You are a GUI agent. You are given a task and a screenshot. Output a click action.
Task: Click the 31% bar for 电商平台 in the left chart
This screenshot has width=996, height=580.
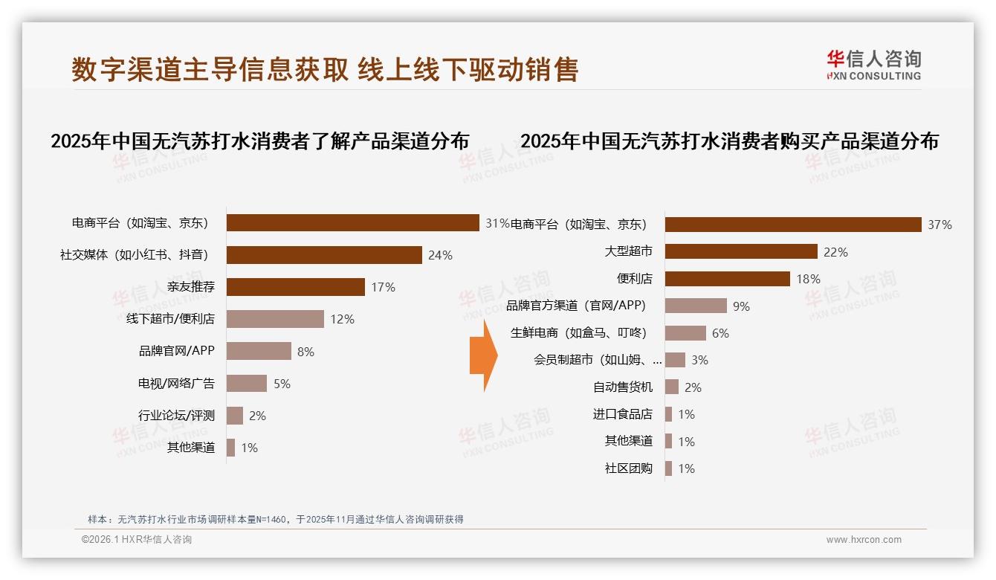click(x=352, y=223)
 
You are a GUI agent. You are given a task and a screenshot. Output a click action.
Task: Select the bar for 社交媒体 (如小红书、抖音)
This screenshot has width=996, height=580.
click(x=324, y=255)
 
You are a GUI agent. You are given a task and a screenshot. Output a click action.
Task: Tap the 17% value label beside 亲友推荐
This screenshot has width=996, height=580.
click(x=383, y=287)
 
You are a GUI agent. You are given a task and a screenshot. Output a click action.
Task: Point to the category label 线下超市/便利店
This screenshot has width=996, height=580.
click(x=170, y=319)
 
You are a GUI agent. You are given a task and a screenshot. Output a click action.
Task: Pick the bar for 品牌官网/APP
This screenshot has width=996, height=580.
click(x=259, y=351)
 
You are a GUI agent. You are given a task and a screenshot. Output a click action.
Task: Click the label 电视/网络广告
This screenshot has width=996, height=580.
click(x=176, y=384)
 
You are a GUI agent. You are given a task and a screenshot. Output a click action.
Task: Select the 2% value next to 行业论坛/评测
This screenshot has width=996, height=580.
click(x=257, y=416)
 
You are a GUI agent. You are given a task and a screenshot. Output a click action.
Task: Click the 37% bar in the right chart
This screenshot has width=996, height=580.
click(x=793, y=225)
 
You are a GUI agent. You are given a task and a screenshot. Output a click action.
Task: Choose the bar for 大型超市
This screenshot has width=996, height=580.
click(x=741, y=251)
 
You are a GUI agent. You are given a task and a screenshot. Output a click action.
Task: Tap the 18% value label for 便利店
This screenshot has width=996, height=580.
click(x=808, y=279)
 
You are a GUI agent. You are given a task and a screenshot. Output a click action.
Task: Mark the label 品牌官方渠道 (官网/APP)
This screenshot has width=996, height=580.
click(x=576, y=306)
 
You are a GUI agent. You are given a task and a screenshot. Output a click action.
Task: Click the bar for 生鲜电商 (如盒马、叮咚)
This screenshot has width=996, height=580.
click(x=685, y=333)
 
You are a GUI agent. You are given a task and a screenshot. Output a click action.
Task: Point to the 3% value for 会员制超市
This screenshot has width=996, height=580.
click(x=699, y=360)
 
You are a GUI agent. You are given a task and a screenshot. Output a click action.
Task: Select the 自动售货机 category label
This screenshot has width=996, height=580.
click(x=622, y=387)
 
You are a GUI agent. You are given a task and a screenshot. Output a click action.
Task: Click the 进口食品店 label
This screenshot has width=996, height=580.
click(x=622, y=414)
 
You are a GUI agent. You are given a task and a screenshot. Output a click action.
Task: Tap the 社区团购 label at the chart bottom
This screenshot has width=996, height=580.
click(x=628, y=468)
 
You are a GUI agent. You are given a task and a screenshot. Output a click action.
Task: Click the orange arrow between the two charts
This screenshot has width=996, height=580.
click(x=483, y=355)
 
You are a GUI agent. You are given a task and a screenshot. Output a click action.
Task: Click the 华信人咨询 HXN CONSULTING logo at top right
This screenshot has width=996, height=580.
click(x=873, y=65)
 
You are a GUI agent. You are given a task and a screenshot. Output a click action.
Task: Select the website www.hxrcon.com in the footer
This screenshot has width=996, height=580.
click(x=864, y=540)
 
